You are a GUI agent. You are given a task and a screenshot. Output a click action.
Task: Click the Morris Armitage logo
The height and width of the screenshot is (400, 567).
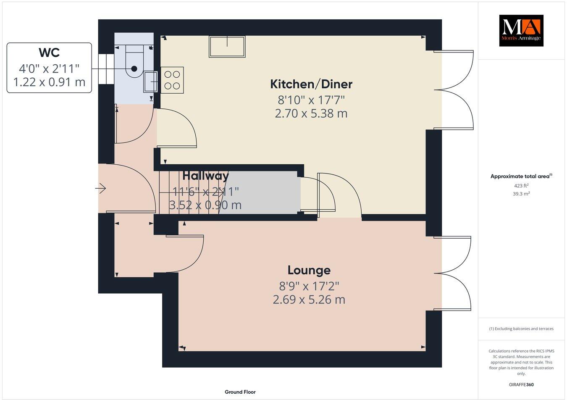click(x=521, y=31)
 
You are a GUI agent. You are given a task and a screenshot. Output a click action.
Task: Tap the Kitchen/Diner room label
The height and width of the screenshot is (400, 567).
click(x=311, y=84)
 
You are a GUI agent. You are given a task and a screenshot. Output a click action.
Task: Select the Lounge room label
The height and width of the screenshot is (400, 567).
click(x=309, y=270)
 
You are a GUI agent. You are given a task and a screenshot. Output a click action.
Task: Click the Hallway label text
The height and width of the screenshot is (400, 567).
click(x=205, y=176)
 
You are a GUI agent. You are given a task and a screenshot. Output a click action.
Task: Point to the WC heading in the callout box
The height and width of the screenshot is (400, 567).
click(x=49, y=53)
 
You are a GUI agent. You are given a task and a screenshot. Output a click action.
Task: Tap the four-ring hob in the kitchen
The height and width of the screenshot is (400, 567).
click(x=172, y=80)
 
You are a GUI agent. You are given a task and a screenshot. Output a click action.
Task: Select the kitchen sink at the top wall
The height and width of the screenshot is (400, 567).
click(x=227, y=46)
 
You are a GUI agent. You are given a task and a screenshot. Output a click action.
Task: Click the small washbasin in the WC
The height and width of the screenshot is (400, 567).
click(x=150, y=81)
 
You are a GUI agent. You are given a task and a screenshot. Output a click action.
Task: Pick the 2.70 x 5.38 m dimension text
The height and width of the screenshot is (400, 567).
click(x=311, y=113)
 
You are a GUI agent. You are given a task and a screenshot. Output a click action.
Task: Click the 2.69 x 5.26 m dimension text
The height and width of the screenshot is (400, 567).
click(x=309, y=300)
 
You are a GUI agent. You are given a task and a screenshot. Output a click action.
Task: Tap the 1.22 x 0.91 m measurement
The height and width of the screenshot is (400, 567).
click(x=49, y=82)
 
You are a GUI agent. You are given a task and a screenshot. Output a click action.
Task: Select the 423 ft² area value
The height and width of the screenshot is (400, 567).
click(x=521, y=185)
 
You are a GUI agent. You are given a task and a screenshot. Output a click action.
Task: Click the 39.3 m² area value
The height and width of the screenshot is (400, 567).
click(x=521, y=194)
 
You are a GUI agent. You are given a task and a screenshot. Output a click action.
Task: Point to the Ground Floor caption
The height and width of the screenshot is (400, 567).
click(x=240, y=392)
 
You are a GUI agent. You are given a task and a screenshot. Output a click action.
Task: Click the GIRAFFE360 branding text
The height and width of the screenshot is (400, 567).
click(x=521, y=384)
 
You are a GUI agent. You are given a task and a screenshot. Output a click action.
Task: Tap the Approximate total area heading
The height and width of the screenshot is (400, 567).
click(x=521, y=176)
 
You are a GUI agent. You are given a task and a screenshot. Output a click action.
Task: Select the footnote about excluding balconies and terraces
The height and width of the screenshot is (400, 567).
click(x=521, y=329)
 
